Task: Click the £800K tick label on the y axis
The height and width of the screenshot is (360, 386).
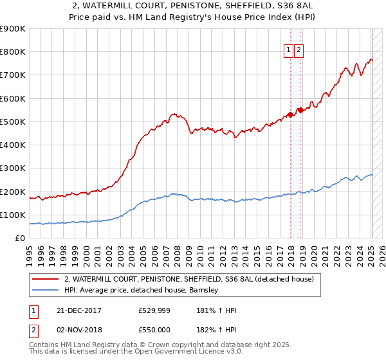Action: click(13, 52)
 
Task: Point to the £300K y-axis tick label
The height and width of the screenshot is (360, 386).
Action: click(13, 168)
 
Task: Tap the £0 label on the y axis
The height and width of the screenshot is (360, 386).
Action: click(19, 239)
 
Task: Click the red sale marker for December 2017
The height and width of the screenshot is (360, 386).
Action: click(290, 115)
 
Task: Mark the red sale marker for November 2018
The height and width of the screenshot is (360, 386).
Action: click(300, 111)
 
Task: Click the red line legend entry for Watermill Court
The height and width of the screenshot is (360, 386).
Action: click(188, 279)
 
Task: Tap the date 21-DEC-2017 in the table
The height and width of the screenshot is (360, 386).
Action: click(75, 310)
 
